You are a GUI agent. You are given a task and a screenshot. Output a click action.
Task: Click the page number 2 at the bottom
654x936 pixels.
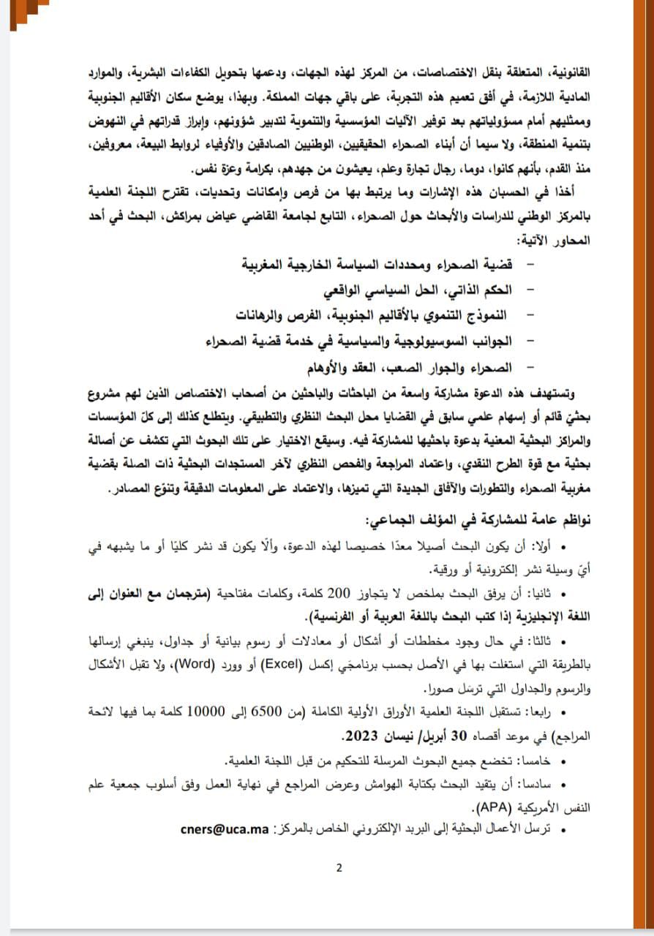[x=339, y=868]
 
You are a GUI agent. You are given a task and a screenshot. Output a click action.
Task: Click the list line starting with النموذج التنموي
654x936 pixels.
[x=374, y=315]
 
